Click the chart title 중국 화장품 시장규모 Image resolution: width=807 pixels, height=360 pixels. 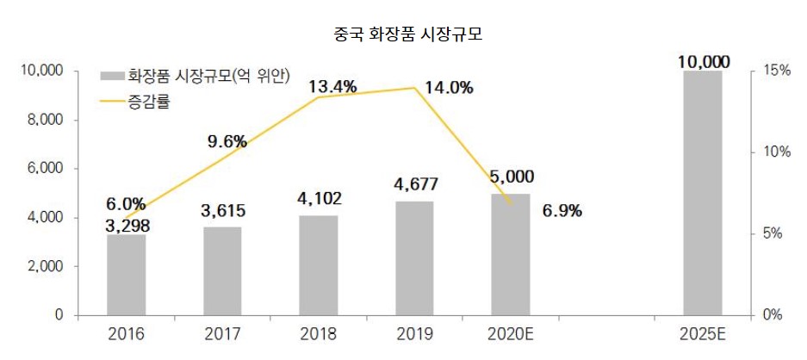click(x=403, y=35)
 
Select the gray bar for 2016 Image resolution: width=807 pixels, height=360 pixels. click(x=127, y=275)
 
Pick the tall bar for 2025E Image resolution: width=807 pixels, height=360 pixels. click(x=702, y=193)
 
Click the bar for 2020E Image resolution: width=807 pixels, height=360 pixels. click(x=512, y=254)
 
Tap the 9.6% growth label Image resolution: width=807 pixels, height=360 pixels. click(x=227, y=141)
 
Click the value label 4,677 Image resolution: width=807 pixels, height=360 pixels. click(x=415, y=184)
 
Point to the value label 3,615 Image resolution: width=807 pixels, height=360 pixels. click(x=222, y=211)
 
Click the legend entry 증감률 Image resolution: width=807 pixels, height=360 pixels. click(x=149, y=102)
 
